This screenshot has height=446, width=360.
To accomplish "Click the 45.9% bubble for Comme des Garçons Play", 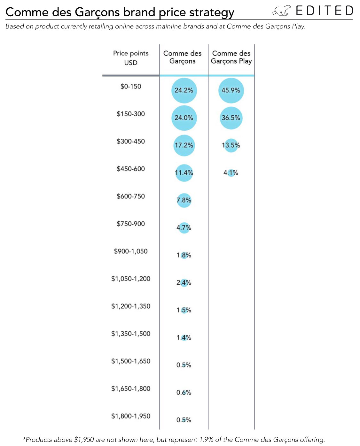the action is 231,90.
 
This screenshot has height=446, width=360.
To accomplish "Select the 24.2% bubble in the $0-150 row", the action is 184,90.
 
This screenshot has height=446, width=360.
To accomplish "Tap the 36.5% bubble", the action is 231,118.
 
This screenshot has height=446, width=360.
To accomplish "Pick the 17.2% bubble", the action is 184,145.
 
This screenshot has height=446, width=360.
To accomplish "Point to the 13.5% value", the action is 231,145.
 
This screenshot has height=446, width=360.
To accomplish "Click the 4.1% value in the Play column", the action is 231,173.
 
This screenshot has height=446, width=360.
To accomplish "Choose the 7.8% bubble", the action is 184,200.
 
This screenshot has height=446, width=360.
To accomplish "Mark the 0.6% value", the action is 184,392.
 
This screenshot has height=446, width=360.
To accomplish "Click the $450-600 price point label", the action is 131,169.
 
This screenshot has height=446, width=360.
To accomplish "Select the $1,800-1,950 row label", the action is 131,416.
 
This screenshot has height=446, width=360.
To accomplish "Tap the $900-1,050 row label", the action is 131,251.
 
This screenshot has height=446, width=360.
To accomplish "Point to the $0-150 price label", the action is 131,87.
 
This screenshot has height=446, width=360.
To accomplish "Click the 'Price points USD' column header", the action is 131,58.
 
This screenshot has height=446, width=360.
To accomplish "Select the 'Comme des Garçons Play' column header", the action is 231,58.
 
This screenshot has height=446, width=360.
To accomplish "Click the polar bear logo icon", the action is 281,11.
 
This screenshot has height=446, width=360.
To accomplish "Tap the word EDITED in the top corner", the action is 325,11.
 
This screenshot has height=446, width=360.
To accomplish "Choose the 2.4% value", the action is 184,282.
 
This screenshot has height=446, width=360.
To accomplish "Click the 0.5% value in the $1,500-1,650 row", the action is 184,365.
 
